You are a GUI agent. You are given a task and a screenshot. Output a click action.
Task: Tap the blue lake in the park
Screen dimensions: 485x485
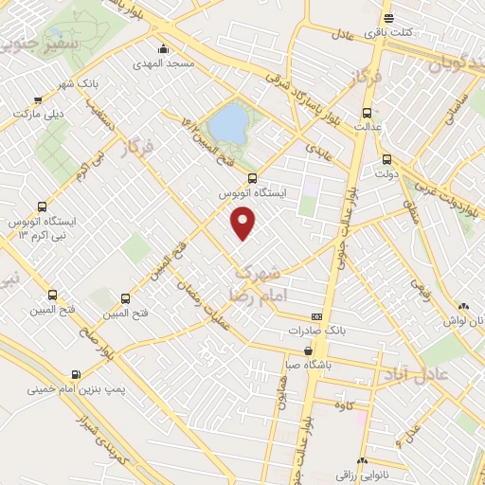pyautogui.click(x=226, y=123)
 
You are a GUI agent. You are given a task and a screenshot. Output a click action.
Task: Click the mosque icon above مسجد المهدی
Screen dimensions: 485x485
pyautogui.click(x=165, y=49)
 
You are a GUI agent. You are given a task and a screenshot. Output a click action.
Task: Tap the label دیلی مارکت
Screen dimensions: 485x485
pyautogui.click(x=38, y=113)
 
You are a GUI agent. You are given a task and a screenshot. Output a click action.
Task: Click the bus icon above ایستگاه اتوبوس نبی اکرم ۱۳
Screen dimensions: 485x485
pyautogui.click(x=42, y=207)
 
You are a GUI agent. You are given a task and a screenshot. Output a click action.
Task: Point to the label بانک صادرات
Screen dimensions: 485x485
pyautogui.click(x=315, y=331)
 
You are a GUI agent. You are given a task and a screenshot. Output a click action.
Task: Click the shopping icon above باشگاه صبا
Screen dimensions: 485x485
pyautogui.click(x=309, y=350)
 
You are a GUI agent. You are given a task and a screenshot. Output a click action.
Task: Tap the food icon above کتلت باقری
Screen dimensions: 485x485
pyautogui.click(x=387, y=18)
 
